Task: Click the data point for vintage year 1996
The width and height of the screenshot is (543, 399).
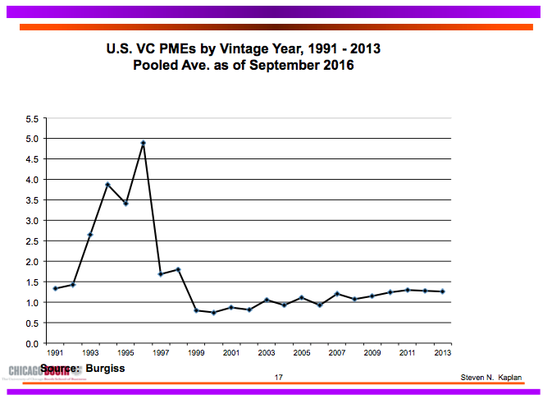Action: (144, 143)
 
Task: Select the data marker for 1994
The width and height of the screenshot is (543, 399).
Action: (107, 185)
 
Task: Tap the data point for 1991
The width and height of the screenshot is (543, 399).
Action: (55, 288)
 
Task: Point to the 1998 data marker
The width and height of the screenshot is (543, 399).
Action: (178, 270)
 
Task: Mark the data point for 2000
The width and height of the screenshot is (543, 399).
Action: (213, 313)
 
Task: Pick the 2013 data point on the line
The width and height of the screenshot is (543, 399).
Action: (443, 291)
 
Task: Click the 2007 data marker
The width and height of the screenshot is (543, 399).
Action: (337, 294)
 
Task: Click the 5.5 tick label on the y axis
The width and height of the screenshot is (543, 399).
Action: (33, 118)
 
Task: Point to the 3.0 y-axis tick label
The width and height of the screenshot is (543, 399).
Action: (33, 221)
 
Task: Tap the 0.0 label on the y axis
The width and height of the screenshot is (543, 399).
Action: (33, 343)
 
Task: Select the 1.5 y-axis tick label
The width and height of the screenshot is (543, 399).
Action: (33, 282)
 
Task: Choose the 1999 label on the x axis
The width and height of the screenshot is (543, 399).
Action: (197, 354)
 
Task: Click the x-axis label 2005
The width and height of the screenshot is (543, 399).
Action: (302, 354)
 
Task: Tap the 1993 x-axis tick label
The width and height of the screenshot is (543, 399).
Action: (91, 354)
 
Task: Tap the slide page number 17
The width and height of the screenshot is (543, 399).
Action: (279, 378)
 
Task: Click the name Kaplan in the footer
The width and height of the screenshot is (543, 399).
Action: (508, 378)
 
